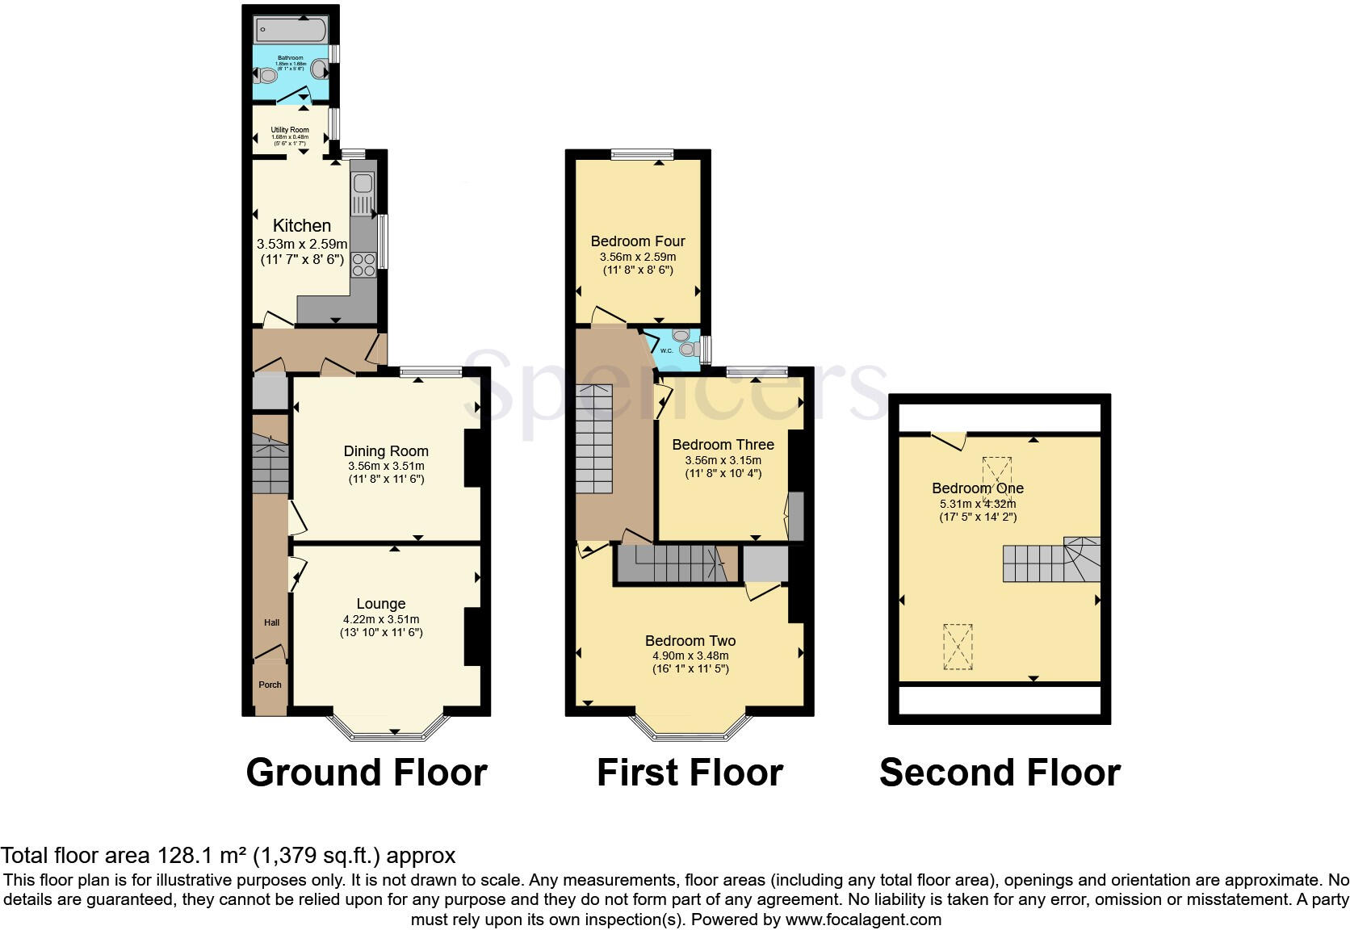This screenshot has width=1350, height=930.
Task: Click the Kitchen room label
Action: (x=302, y=226)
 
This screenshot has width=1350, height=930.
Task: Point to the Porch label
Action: (x=270, y=685)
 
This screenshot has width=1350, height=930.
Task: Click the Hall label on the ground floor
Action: (x=271, y=622)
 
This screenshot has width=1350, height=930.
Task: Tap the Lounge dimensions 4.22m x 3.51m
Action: (x=381, y=619)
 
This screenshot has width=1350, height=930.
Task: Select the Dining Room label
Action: (x=386, y=451)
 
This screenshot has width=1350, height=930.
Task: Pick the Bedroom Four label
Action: (x=638, y=241)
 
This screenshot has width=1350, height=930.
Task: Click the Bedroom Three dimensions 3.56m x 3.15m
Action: (x=723, y=460)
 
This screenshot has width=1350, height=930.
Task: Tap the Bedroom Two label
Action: (x=690, y=641)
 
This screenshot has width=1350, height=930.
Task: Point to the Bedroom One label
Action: (x=978, y=488)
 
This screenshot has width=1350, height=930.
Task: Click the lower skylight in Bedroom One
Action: (x=958, y=647)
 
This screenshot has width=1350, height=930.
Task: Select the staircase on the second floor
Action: (x=1050, y=560)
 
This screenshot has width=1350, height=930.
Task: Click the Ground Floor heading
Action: (x=367, y=773)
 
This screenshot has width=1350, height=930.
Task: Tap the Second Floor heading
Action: (x=1000, y=773)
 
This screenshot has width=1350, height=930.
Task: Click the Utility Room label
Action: (x=290, y=130)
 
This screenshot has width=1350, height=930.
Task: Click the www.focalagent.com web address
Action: (x=863, y=920)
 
